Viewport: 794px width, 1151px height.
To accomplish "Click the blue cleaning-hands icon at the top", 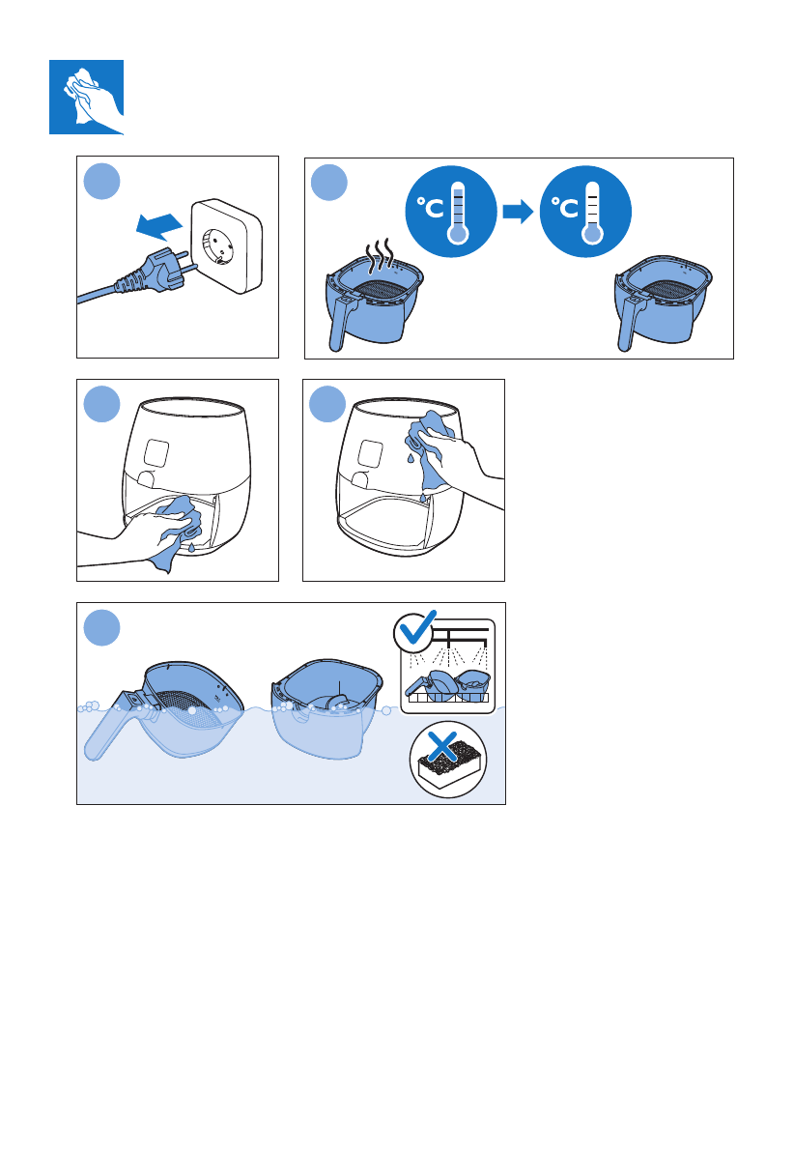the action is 86,97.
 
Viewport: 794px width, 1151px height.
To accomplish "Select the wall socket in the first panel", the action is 227,245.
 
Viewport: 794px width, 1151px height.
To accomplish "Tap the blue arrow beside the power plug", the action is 159,225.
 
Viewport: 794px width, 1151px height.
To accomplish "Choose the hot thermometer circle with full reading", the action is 450,212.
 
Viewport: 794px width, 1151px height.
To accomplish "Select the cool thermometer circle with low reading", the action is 585,212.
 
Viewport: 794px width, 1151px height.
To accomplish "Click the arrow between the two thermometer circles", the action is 518,213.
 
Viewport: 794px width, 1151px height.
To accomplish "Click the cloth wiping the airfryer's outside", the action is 428,449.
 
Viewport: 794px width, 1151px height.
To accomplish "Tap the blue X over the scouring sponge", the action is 442,746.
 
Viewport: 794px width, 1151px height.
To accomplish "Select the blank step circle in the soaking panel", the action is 102,627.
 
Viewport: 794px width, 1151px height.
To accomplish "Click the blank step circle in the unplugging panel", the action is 102,182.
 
